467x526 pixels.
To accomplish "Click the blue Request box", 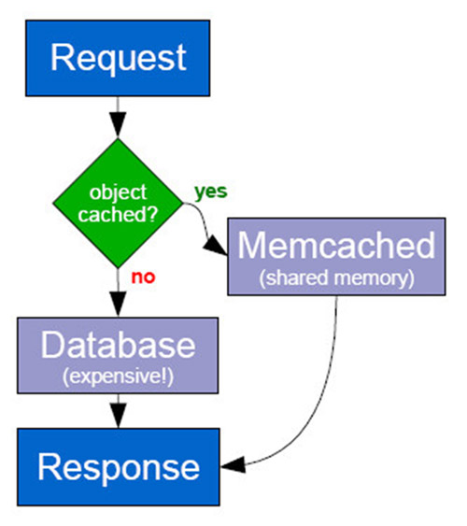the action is tap(118, 58).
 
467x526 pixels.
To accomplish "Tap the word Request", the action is tap(119, 58).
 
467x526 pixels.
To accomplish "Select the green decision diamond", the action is tap(118, 203).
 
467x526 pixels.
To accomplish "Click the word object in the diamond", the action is tap(118, 192).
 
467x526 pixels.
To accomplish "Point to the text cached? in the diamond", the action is tap(118, 214).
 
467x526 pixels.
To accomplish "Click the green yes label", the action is tap(211, 192).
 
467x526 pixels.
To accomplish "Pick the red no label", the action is tap(143, 277).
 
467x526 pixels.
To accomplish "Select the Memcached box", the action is tap(336, 257).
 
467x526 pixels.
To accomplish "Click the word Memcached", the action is tap(336, 245).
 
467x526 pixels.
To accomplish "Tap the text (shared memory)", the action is tap(336, 278).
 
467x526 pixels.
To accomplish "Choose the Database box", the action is tap(118, 355).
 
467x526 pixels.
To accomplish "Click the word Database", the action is tap(118, 345).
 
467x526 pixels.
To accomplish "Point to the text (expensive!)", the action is tap(118, 377).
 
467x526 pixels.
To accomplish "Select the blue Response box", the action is tap(119, 466).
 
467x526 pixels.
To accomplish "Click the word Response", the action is tap(119, 467).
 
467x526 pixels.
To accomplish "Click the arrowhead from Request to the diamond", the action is tap(118, 124).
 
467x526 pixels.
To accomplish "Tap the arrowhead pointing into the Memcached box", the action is tap(215, 247).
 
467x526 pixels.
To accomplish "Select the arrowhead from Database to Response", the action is tap(119, 416).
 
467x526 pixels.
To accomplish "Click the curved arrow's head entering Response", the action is tap(233, 465).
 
